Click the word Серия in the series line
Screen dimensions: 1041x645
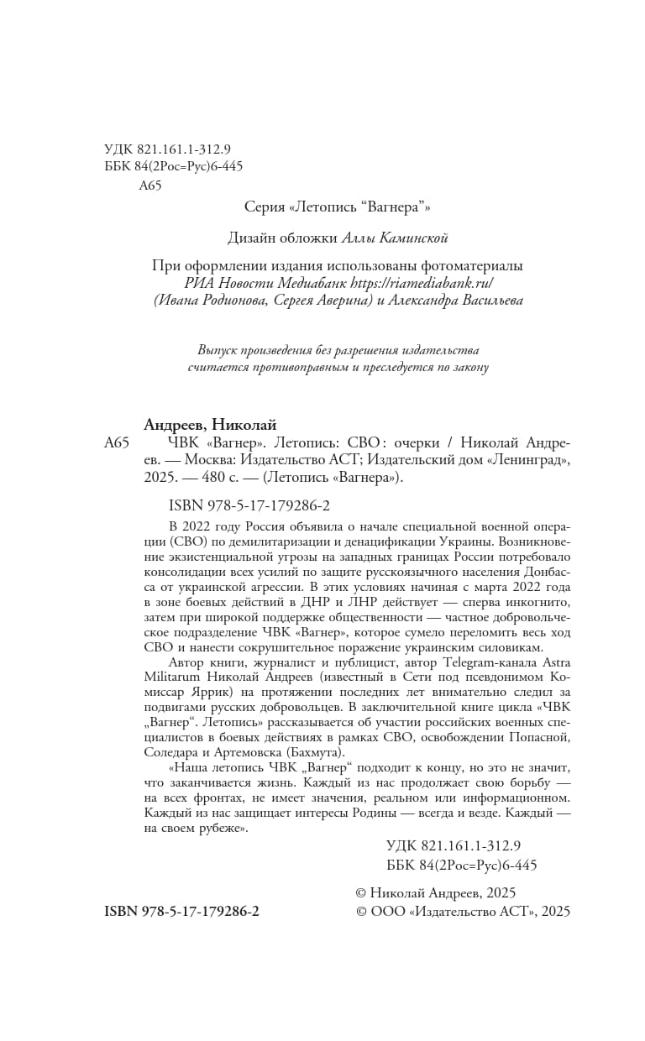(x=264, y=206)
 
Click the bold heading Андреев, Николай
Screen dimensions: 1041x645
(x=210, y=425)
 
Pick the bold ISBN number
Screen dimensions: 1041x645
(x=181, y=911)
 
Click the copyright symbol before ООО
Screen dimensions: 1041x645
(x=362, y=911)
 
